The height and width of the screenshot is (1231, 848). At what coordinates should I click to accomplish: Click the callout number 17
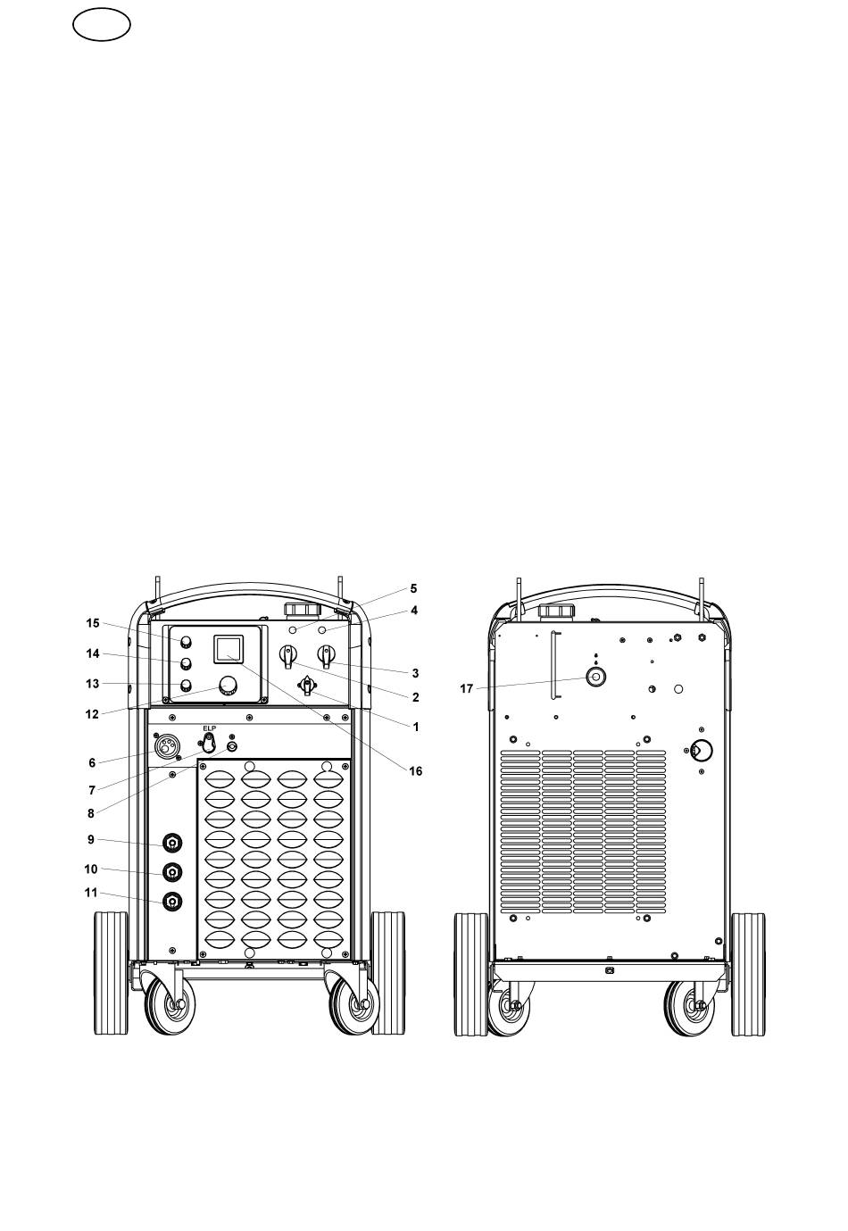(466, 688)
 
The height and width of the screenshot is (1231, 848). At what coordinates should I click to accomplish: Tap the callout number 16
(415, 771)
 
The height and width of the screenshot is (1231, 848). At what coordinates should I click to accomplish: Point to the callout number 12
(92, 714)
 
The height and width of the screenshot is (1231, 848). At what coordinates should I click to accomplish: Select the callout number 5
(413, 588)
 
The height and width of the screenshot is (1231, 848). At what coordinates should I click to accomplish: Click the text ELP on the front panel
(210, 728)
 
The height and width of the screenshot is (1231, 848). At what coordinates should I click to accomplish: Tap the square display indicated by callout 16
(228, 648)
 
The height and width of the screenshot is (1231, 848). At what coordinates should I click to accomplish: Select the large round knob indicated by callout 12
(228, 686)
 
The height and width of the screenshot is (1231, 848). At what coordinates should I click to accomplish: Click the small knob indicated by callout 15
(187, 643)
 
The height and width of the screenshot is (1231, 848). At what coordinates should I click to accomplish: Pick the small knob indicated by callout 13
(187, 685)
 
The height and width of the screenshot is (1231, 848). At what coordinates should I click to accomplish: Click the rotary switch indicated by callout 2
(287, 655)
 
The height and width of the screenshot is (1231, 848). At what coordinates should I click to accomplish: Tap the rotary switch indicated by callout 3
(327, 655)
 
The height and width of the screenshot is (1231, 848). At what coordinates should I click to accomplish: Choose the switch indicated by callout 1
(307, 686)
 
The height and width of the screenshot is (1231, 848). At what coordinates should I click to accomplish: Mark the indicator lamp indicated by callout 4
(322, 629)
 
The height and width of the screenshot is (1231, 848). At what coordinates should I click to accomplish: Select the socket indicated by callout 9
(172, 843)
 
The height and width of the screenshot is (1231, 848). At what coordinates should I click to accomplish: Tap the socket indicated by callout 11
(172, 901)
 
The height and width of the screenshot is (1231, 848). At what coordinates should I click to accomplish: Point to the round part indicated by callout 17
(596, 677)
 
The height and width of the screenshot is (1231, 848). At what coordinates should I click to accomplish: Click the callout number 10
(91, 869)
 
